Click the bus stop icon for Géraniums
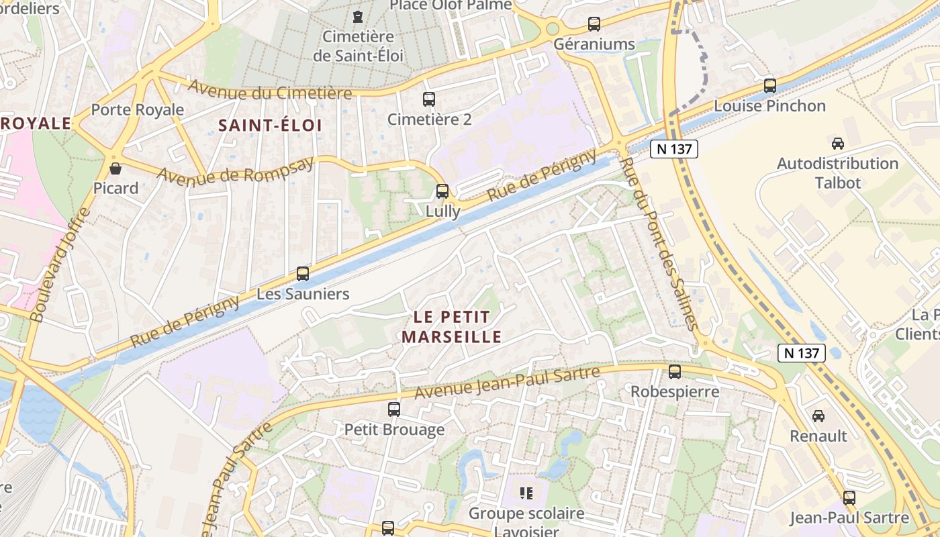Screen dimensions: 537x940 tap(594, 24)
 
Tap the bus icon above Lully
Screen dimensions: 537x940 tap(442, 191)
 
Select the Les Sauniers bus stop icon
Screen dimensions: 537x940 tap(303, 274)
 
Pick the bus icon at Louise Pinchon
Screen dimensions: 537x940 tap(770, 86)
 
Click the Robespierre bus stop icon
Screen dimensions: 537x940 tap(675, 371)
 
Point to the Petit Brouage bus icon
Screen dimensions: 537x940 tap(394, 409)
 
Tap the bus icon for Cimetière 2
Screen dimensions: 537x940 tap(429, 99)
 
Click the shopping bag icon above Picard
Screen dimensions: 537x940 tap(115, 168)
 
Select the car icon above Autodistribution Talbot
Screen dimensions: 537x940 tap(837, 143)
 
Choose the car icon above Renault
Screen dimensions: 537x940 tap(818, 416)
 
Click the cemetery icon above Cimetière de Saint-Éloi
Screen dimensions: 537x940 tap(359, 15)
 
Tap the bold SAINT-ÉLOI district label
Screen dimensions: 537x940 tap(270, 125)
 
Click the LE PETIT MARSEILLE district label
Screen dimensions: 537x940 tap(452, 326)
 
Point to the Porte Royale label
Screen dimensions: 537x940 tap(137, 109)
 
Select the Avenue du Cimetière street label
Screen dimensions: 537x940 tap(269, 89)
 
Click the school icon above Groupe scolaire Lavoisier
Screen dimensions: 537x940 tap(526, 494)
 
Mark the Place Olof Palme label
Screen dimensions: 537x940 tap(451, 5)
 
